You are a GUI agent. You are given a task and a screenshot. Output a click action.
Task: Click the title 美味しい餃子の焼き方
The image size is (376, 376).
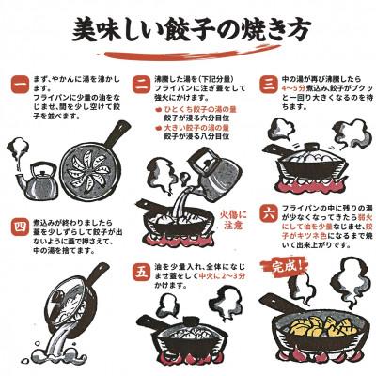pos(188,30)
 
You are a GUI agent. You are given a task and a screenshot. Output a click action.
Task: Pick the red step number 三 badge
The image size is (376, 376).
pos(267,85)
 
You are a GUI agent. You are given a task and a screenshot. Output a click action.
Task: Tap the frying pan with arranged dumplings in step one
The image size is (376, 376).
pos(89,169)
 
